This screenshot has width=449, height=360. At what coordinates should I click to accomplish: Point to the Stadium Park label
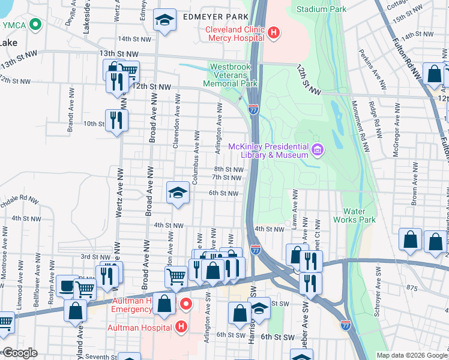321,9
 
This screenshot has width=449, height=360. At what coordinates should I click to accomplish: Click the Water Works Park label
359,215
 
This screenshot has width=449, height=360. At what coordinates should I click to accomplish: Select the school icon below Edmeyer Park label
164,20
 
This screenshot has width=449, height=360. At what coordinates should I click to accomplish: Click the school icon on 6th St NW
177,193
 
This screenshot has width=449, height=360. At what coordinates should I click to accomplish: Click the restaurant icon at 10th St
116,120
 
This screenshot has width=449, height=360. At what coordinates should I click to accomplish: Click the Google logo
20,353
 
